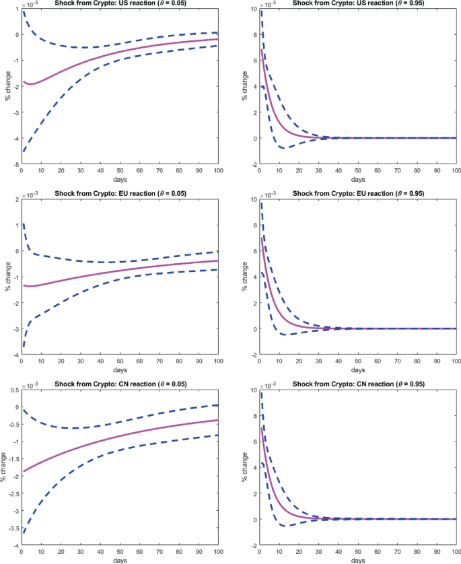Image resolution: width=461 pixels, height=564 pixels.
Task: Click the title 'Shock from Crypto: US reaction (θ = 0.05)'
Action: [x=120, y=3]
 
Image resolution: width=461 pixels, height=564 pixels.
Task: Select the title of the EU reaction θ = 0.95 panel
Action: [x=357, y=194]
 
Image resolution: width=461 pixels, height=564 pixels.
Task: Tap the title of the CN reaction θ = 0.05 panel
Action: [x=120, y=384]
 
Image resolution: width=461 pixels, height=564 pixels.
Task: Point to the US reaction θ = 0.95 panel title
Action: [x=357, y=3]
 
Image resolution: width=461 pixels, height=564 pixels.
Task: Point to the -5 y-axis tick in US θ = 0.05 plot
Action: [x=17, y=164]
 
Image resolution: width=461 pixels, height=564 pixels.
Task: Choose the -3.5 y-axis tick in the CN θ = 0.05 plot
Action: [x=13, y=533]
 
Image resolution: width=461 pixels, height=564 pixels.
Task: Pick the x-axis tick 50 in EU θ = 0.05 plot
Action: [x=120, y=362]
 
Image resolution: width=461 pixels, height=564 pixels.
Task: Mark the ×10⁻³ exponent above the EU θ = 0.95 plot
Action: [x=269, y=195]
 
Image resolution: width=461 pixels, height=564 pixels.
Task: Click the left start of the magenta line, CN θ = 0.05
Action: [x=24, y=471]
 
